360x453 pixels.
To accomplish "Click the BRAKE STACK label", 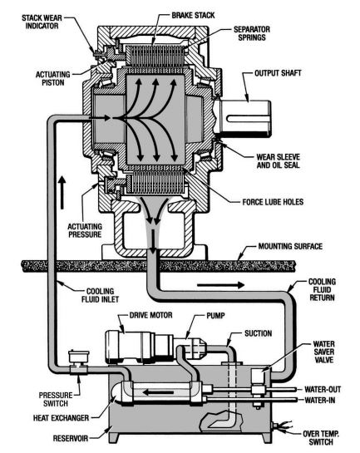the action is tap(193, 15).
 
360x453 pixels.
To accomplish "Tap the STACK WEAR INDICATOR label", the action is tap(42, 22).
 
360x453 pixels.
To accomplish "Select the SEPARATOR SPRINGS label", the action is tap(252, 33).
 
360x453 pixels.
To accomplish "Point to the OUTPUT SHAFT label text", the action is tap(278, 73).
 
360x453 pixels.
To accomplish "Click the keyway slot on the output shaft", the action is tap(248, 119).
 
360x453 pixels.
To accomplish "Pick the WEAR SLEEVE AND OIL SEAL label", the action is tap(279, 161).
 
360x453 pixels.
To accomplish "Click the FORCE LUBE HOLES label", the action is tap(273, 202).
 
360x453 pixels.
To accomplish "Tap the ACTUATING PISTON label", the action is tap(53, 79).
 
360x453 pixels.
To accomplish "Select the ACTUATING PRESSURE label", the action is tap(85, 230).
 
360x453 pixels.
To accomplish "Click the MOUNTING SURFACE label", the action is tap(290, 246).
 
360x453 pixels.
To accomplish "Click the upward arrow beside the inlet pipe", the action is tap(62, 193).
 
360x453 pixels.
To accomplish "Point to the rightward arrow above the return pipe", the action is tap(220, 285).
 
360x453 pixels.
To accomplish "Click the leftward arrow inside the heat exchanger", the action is tap(159, 392).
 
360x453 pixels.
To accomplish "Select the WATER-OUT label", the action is tap(323, 390).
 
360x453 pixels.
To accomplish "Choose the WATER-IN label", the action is tap(320, 401).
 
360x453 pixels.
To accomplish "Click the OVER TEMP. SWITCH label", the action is tap(321, 438).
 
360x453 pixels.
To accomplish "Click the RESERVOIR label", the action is tap(71, 439).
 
